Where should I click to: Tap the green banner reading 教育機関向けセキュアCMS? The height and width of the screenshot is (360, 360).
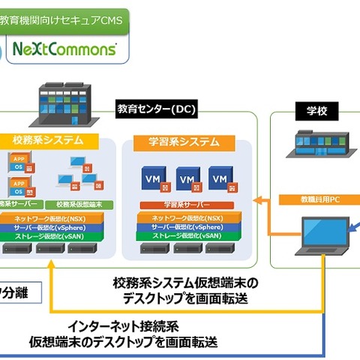click(64, 16)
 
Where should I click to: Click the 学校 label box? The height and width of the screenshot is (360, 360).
click(316, 111)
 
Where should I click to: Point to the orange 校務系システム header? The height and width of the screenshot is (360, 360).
click(48, 140)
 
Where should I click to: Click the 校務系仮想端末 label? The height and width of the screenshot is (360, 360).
click(79, 204)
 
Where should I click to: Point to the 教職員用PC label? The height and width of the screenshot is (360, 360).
click(316, 199)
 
